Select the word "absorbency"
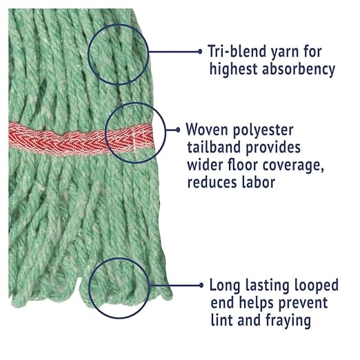[299, 69]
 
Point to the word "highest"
[233, 69]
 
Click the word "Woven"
[207, 130]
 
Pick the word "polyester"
[263, 131]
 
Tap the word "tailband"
[214, 147]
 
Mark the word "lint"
[221, 320]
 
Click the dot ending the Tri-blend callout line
[200, 52]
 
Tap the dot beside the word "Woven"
[178, 130]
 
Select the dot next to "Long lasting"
[201, 286]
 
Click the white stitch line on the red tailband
[134, 140]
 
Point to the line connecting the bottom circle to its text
[174, 286]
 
